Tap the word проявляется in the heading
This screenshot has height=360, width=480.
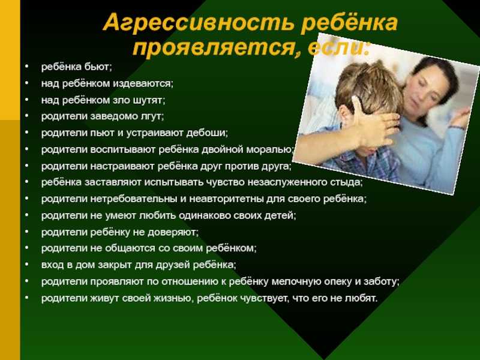[x=214, y=48]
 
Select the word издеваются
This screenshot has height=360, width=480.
[x=143, y=83]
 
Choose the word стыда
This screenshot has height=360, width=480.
[x=346, y=182]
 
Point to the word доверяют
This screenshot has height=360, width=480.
[x=173, y=232]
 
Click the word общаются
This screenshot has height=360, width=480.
[x=130, y=248]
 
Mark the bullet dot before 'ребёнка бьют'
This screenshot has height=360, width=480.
[x=27, y=65]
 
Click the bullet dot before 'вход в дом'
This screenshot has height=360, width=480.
[x=27, y=263]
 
